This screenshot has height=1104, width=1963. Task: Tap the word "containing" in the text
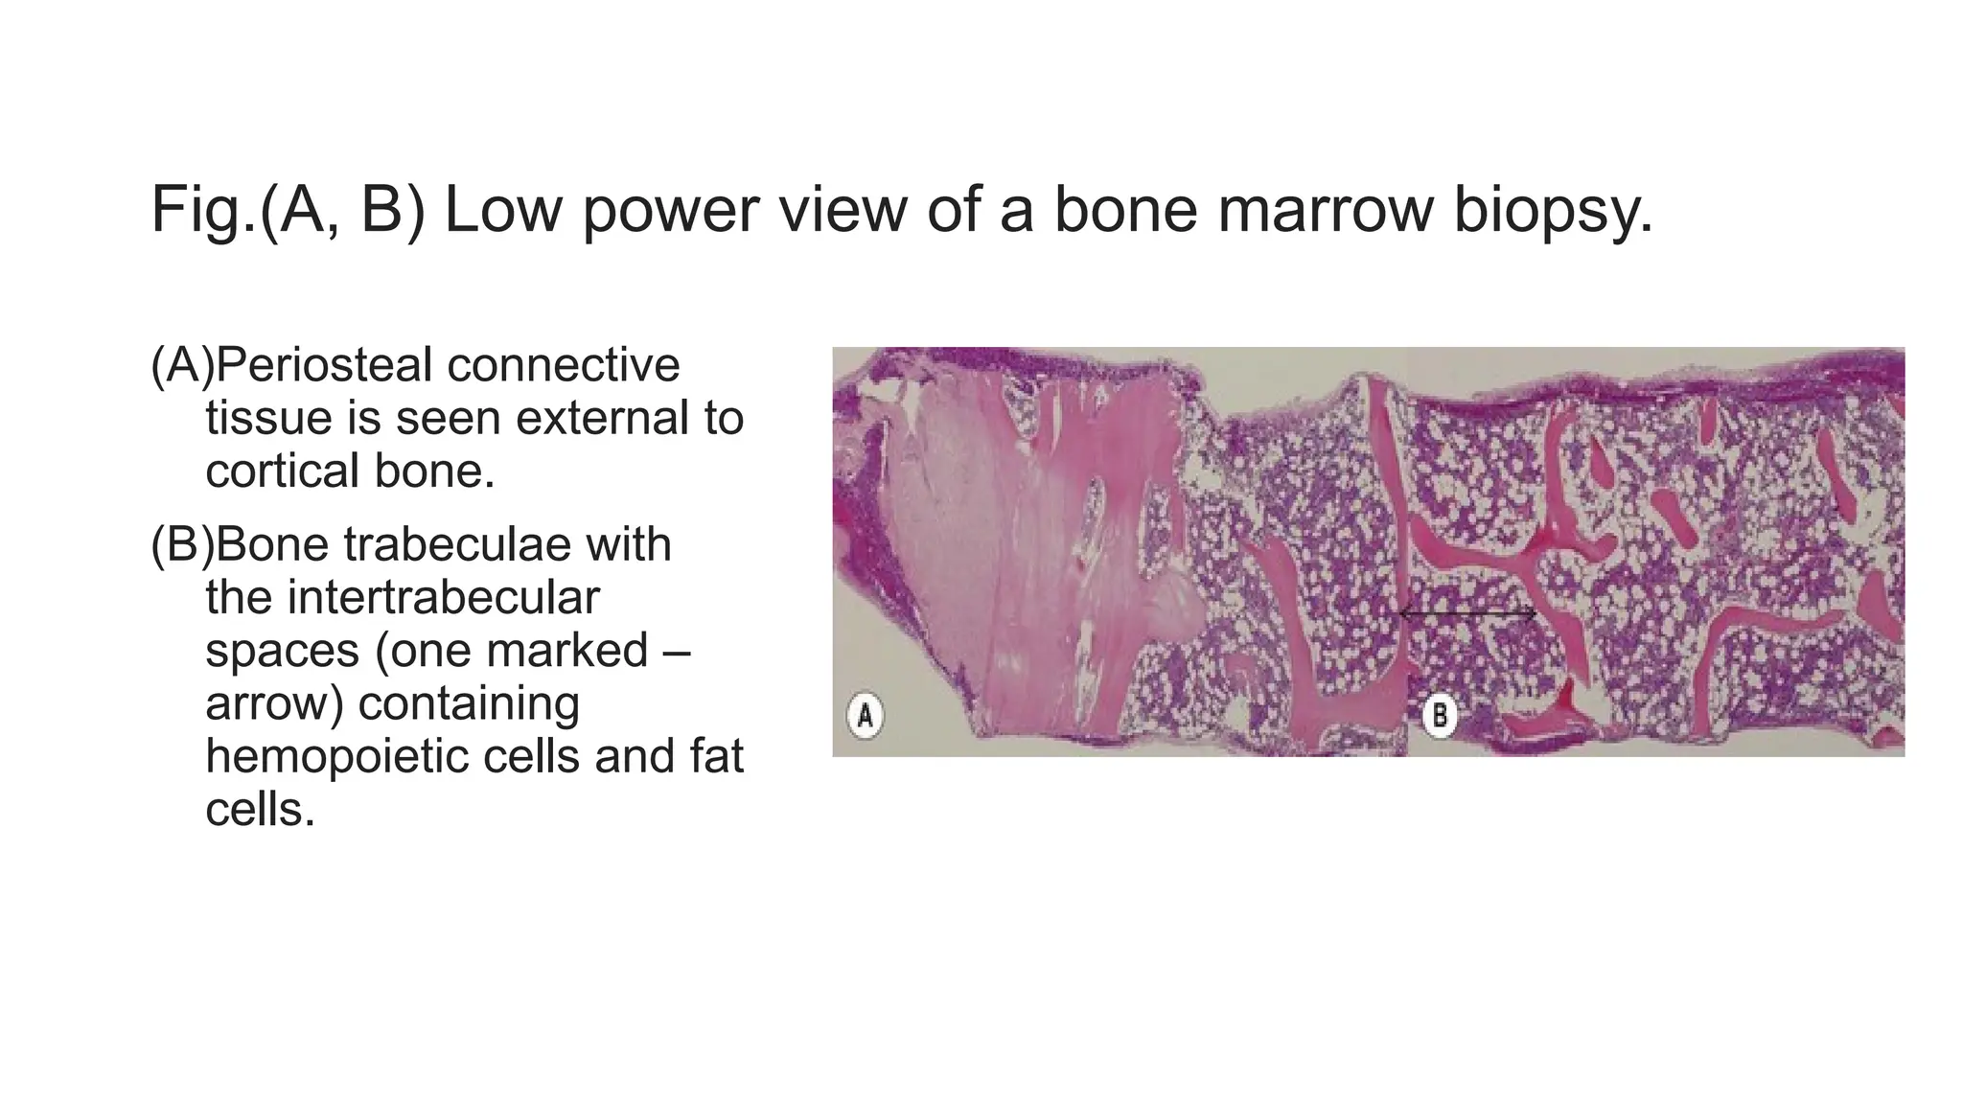click(469, 703)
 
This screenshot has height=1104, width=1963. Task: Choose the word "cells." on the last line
click(260, 810)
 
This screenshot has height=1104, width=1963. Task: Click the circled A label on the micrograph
click(865, 716)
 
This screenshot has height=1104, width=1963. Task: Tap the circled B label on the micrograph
click(1439, 716)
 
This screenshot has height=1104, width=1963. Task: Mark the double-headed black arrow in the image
click(1467, 613)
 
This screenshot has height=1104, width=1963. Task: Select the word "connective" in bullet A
click(563, 365)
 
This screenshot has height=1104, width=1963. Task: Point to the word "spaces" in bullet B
click(282, 651)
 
